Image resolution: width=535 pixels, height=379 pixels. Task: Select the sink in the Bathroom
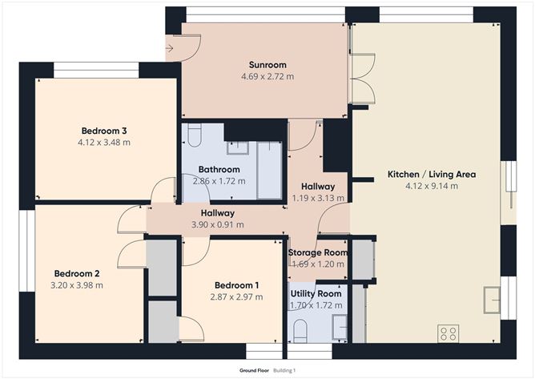237,147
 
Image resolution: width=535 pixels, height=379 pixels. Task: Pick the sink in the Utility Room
340,325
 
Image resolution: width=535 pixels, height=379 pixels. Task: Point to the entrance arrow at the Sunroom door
170,48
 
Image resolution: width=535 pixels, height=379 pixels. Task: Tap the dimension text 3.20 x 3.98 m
78,284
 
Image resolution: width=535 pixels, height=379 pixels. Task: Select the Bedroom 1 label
236,285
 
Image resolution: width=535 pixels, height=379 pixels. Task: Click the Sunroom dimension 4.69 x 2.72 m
267,77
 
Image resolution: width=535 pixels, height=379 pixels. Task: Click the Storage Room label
318,252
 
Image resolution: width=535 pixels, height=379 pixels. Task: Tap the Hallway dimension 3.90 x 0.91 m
217,225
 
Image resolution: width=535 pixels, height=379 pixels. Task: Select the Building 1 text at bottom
284,370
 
